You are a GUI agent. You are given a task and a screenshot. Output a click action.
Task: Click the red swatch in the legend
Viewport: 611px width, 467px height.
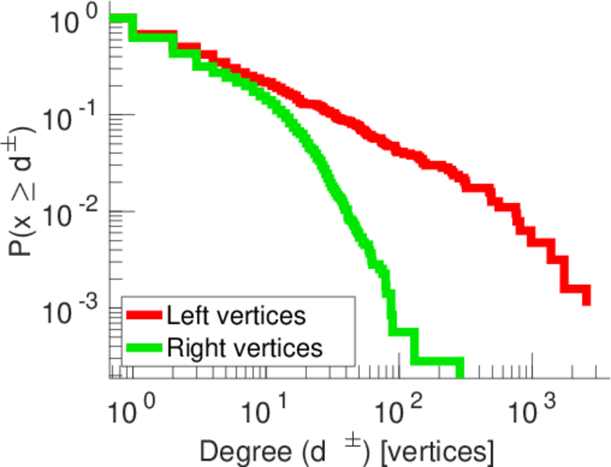pyautogui.click(x=144, y=316)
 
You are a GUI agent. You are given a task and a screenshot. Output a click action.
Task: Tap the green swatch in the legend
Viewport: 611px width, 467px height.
pyautogui.click(x=144, y=347)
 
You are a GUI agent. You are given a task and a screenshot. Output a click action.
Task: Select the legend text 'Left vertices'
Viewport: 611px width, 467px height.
pyautogui.click(x=235, y=316)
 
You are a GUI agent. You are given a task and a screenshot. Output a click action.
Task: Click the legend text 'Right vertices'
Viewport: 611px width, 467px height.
pyautogui.click(x=244, y=347)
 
